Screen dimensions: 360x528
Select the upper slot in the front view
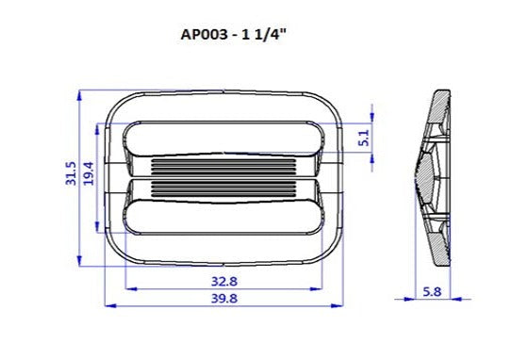tap(223, 139)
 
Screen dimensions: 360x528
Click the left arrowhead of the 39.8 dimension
tap(106, 305)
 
